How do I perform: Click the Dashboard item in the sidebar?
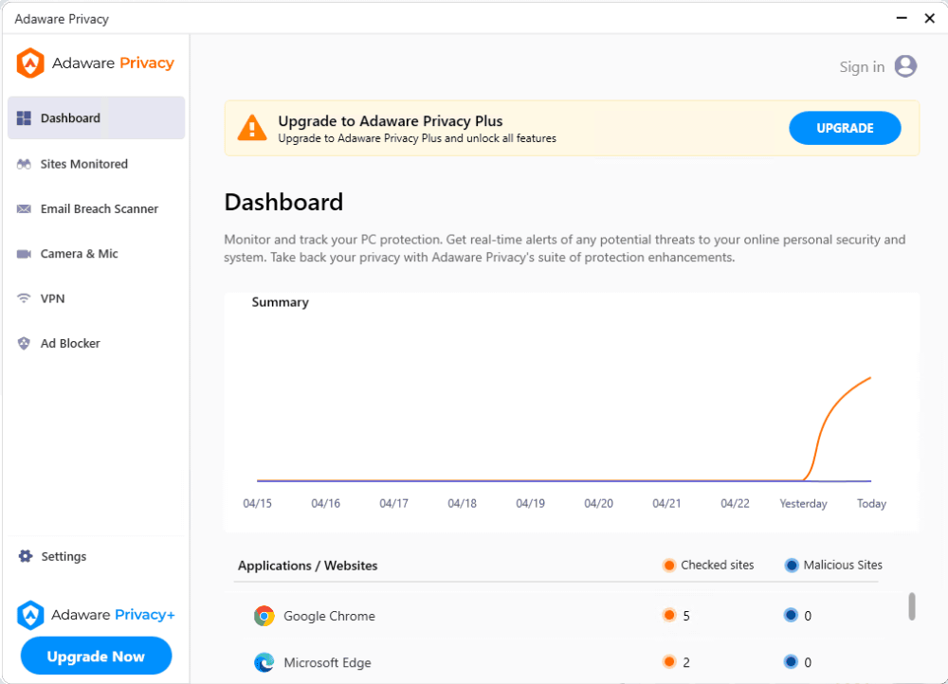pyautogui.click(x=70, y=118)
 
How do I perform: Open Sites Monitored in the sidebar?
pyautogui.click(x=83, y=164)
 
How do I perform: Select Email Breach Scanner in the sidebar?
pyautogui.click(x=99, y=208)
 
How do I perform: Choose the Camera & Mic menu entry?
pyautogui.click(x=79, y=254)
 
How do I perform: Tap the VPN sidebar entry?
pyautogui.click(x=52, y=298)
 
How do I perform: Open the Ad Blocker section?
pyautogui.click(x=69, y=343)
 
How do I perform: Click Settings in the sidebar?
pyautogui.click(x=64, y=556)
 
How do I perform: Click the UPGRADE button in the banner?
pyautogui.click(x=845, y=128)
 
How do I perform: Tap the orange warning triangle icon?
pyautogui.click(x=251, y=128)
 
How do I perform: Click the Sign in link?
pyautogui.click(x=862, y=66)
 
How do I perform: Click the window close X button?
pyautogui.click(x=929, y=18)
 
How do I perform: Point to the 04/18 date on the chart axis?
pyautogui.click(x=462, y=503)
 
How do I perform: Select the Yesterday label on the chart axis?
pyautogui.click(x=803, y=503)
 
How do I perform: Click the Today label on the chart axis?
pyautogui.click(x=871, y=503)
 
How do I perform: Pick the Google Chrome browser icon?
pyautogui.click(x=264, y=616)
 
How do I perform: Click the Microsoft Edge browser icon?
pyautogui.click(x=264, y=662)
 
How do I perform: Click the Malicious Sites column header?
pyautogui.click(x=842, y=565)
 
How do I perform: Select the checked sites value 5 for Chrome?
pyautogui.click(x=685, y=616)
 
